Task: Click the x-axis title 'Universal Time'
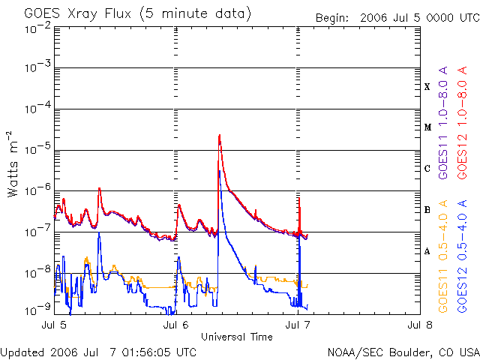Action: [x=236, y=337]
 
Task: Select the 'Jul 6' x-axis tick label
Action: [x=176, y=325]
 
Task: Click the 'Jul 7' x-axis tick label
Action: [x=298, y=325]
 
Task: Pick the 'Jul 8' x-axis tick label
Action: [x=420, y=325]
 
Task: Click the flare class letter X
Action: [x=427, y=87]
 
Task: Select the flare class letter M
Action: [x=427, y=127]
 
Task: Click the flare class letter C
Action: [x=427, y=169]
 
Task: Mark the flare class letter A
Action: [x=427, y=251]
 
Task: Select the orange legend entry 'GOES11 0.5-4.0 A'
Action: [x=443, y=259]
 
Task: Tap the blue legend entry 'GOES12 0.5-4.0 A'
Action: [x=463, y=259]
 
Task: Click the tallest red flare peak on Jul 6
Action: [x=219, y=136]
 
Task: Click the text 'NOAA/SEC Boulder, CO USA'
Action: [x=403, y=351]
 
